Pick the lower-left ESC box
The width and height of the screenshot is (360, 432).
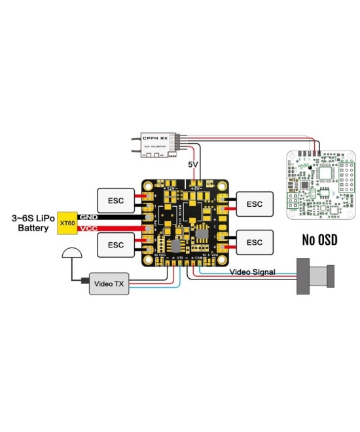coord(115,245)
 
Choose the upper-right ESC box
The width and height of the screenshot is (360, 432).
coord(255,204)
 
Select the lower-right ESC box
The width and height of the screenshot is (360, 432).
coord(255,242)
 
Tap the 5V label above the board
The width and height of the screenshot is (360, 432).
coord(194,164)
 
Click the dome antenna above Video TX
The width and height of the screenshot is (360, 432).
coord(70,254)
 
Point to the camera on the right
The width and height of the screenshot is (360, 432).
coord(315,276)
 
